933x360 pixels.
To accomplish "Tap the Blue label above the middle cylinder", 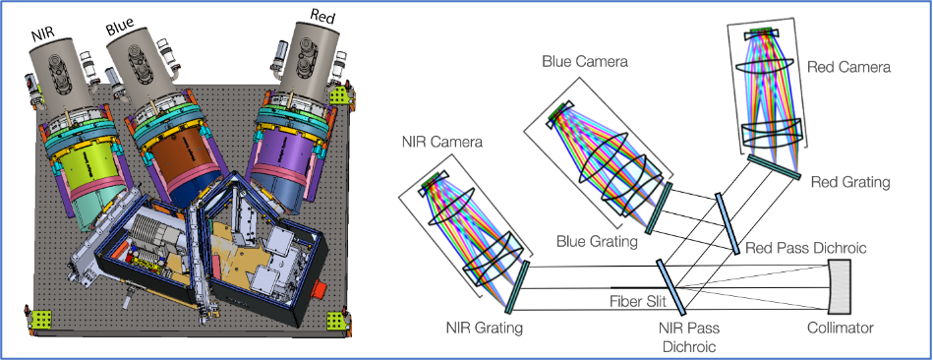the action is (x=121, y=27).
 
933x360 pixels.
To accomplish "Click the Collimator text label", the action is (x=841, y=328).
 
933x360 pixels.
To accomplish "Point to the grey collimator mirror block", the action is (x=840, y=287).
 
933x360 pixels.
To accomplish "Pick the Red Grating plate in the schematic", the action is (x=774, y=166).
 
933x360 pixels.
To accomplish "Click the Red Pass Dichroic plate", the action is (x=727, y=223).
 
